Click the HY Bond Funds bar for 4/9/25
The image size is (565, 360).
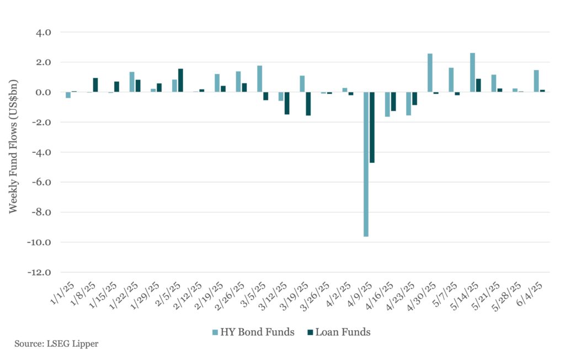(x=366, y=164)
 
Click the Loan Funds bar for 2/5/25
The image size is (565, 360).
(x=180, y=81)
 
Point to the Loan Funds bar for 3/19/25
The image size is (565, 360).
(x=308, y=104)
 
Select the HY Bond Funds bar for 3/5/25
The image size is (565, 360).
(x=259, y=79)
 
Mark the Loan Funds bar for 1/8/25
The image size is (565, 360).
(x=95, y=85)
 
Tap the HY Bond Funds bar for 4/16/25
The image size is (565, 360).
(x=387, y=104)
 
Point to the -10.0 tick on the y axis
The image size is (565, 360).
(x=40, y=242)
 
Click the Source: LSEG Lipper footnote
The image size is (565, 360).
(x=56, y=343)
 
